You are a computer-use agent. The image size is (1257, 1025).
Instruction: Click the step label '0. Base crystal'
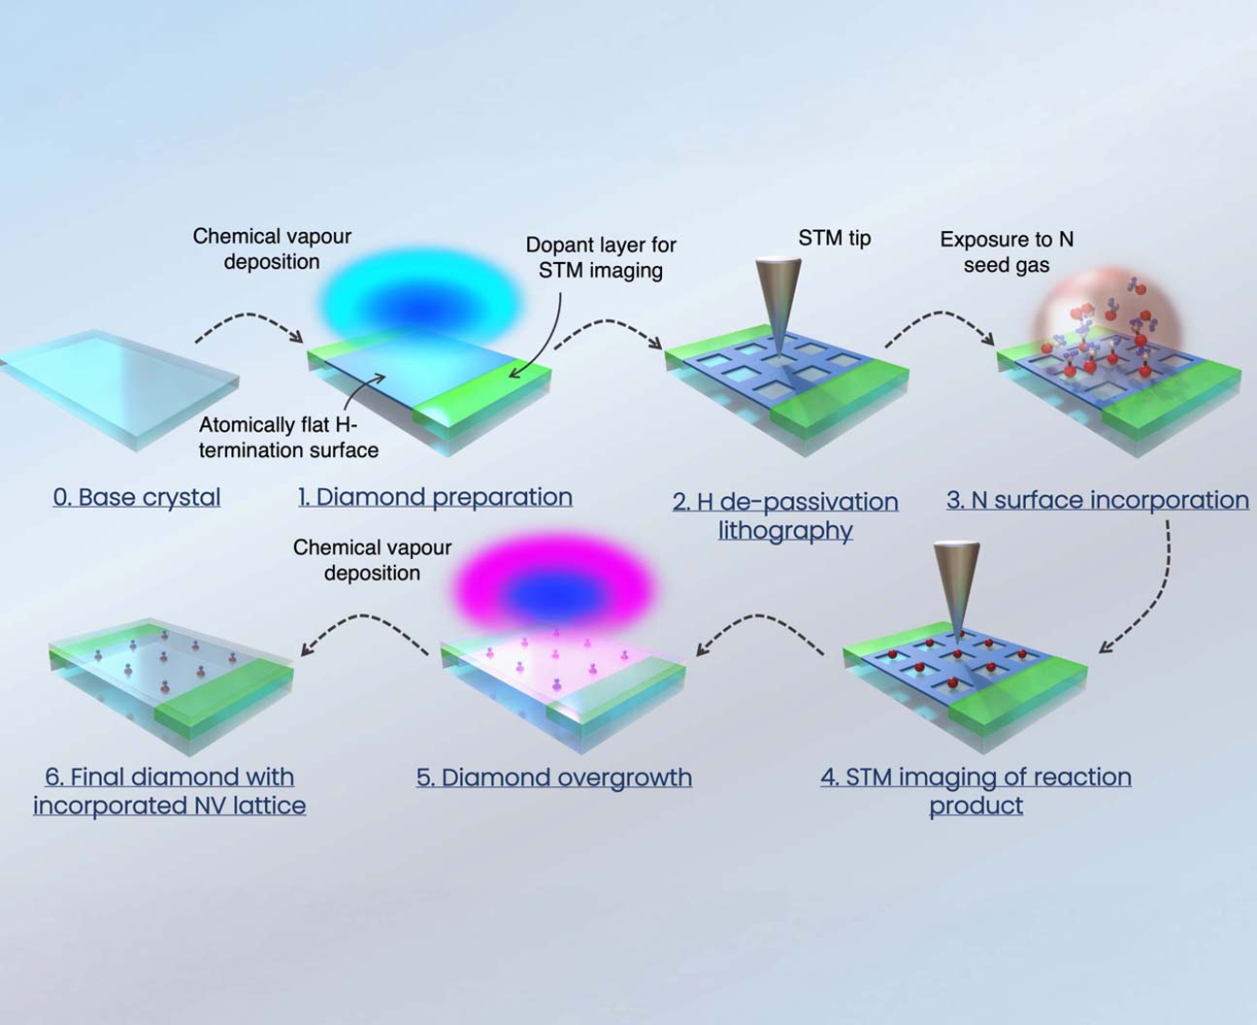(x=137, y=497)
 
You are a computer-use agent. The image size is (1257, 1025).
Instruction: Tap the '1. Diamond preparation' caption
(x=435, y=497)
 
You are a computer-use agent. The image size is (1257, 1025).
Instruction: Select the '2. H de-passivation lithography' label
(x=785, y=515)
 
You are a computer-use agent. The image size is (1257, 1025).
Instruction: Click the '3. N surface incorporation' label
(x=1097, y=500)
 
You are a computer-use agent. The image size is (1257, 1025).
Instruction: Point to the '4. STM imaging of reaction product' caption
(x=976, y=790)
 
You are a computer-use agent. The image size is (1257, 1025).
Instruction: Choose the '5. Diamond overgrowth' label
(x=553, y=777)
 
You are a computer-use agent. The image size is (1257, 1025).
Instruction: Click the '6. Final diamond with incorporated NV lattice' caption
(x=170, y=790)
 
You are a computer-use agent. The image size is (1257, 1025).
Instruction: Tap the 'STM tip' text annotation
(x=834, y=238)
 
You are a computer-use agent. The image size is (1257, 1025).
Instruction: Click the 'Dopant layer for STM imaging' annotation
(x=601, y=257)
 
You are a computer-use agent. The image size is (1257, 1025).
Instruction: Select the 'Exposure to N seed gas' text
(x=1007, y=251)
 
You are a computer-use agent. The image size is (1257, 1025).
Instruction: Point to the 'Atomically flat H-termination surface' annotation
(x=288, y=437)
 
